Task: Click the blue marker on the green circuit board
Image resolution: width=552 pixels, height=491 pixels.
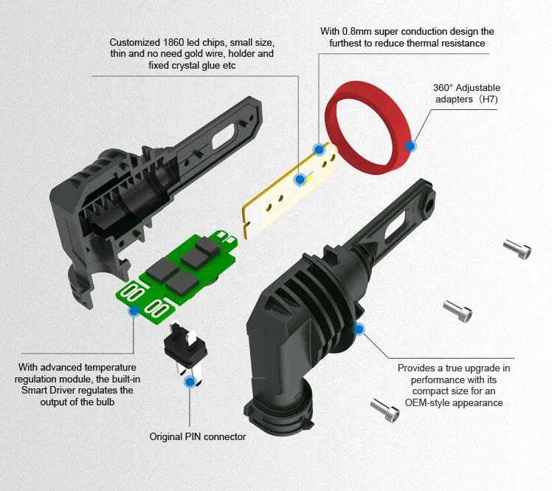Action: click(x=134, y=311)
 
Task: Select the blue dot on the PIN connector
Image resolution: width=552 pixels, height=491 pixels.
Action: click(x=190, y=381)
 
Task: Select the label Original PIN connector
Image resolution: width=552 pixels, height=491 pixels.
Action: click(x=198, y=436)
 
